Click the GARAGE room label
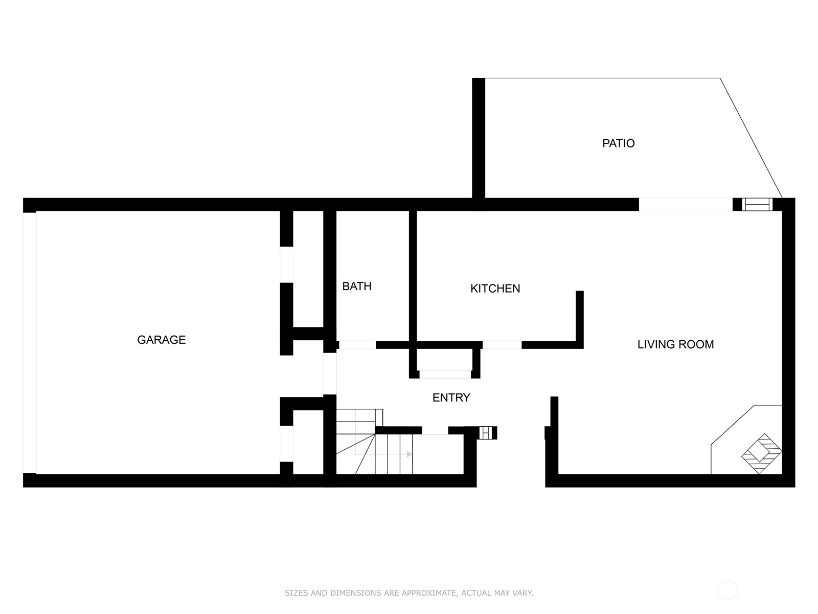point(162,340)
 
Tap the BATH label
point(357,286)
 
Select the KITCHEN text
point(495,288)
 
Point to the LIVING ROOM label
point(675,344)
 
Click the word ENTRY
point(451,398)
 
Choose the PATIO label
point(618,143)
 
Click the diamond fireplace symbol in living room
point(761,454)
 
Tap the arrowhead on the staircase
point(409,454)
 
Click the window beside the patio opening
point(757,204)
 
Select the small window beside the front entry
point(486,432)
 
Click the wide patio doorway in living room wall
point(686,204)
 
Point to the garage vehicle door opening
point(30,343)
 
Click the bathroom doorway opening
point(357,345)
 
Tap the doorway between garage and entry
point(329,374)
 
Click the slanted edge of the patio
point(751,138)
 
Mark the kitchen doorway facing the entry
point(502,345)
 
